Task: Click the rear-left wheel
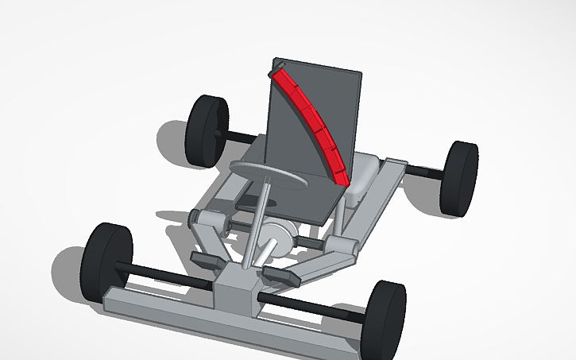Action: pos(205,131)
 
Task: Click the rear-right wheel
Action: pos(459,178)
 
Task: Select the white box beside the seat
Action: pos(364,173)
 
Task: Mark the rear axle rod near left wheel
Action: pos(235,136)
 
